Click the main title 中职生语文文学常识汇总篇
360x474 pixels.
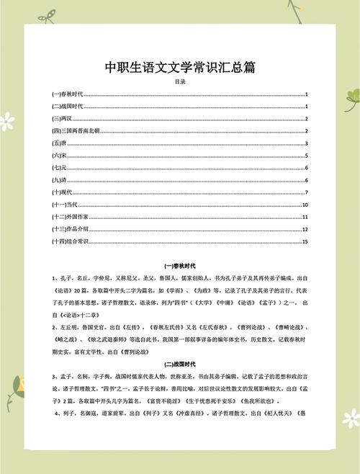pyautogui.click(x=180, y=68)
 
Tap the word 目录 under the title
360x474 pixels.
pyautogui.click(x=180, y=82)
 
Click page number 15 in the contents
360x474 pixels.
pyautogui.click(x=305, y=241)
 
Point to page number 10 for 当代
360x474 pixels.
pyautogui.click(x=305, y=205)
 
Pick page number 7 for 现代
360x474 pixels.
pyautogui.click(x=307, y=192)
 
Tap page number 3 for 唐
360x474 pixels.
pyautogui.click(x=307, y=143)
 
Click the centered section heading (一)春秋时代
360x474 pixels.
pyautogui.click(x=180, y=266)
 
